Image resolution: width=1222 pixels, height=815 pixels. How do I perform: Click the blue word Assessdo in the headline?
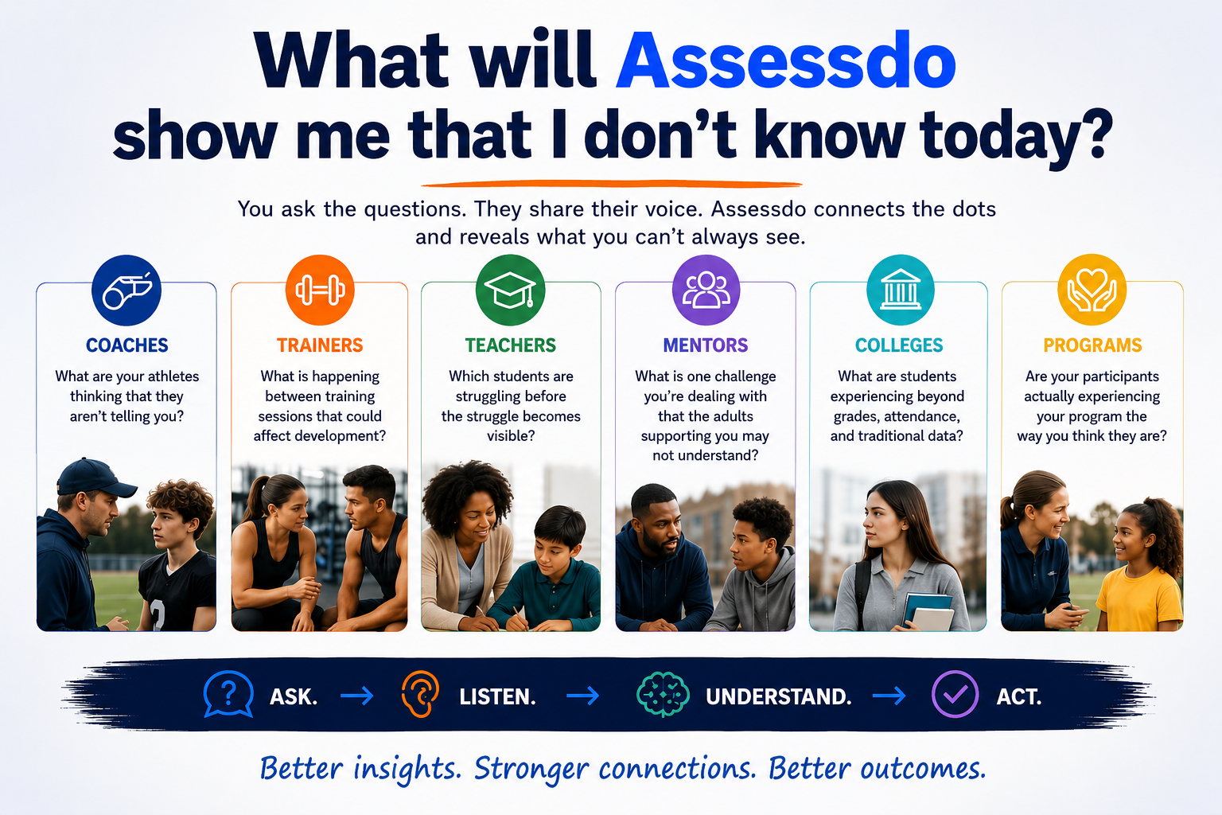pos(785,59)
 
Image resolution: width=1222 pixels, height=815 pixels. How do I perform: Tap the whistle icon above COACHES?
pos(126,290)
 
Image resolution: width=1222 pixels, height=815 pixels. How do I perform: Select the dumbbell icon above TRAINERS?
pos(320,290)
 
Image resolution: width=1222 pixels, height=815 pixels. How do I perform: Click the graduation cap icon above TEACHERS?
pos(510,290)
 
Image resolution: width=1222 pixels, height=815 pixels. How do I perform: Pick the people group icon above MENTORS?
pos(706,290)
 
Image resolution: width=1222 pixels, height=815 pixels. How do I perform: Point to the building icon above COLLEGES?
pos(900,290)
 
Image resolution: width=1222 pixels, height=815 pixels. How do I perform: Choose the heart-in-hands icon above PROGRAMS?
pos(1092,290)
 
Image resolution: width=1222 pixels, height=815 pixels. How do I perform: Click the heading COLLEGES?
pos(898,345)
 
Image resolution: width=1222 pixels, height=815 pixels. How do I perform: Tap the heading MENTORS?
pos(706,345)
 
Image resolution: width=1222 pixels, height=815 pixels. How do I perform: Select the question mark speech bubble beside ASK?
pos(228,694)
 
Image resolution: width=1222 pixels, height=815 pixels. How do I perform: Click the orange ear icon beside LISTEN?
pos(420,694)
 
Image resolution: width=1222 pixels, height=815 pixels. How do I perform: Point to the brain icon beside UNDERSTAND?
pos(663,694)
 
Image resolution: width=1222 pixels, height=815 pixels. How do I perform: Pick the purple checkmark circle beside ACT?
pos(955,694)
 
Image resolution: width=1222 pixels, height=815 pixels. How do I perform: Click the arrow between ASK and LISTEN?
pos(356,696)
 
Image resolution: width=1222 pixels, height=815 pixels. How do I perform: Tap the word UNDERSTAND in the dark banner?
pos(779,696)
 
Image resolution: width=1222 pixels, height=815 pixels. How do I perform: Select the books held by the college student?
pos(928,611)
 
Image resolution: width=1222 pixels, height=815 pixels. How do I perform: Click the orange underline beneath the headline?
pos(612,184)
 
